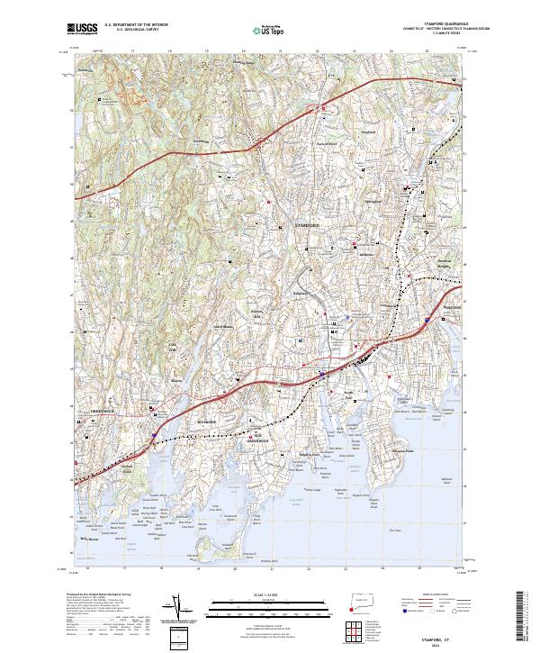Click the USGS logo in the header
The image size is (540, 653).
[82, 30]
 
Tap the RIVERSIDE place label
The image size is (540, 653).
[208, 421]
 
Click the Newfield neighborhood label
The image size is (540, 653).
[368, 132]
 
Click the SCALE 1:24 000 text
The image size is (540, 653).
[270, 594]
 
